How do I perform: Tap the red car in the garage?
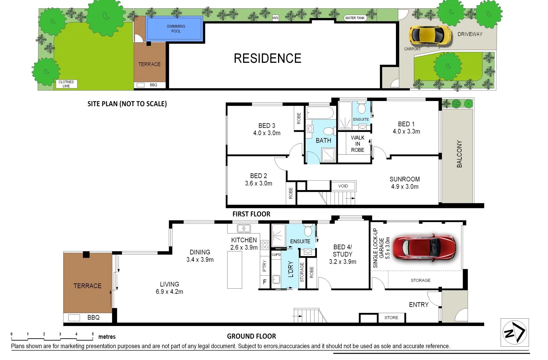pos(424,247)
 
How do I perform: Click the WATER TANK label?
pos(355,18)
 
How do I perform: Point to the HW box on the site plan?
pos(275,18)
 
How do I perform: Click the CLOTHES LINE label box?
pos(66,84)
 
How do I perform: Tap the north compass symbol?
pos(514,332)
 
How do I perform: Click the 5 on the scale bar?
pos(93,334)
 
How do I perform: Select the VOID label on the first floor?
pos(343,186)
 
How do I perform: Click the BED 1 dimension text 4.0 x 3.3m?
pos(406,131)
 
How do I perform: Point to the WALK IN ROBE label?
pos(358,144)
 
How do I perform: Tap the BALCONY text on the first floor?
pos(459,154)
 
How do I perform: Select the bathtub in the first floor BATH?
pos(320,113)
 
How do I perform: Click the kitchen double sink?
pos(243,228)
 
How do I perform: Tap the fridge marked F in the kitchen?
pos(264,282)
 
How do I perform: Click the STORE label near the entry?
pos(391,318)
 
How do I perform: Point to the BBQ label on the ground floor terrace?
pos(93,318)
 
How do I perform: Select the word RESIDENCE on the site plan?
pos(267,58)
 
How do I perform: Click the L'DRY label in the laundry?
pos(291,269)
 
